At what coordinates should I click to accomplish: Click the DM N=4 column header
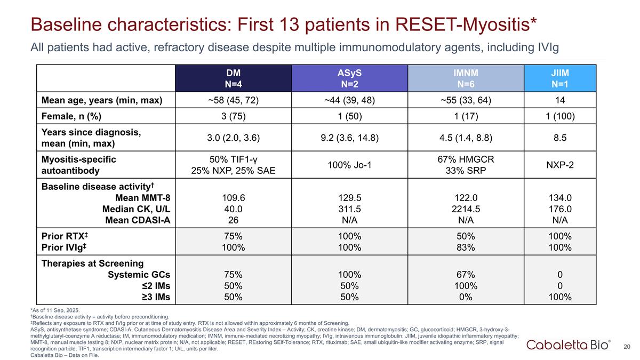click(233, 78)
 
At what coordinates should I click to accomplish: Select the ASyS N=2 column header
click(349, 78)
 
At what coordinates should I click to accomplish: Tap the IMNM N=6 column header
click(466, 78)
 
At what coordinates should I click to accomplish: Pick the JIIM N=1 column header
click(560, 78)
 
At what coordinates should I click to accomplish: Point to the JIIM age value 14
click(560, 100)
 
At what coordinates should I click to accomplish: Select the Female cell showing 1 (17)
click(466, 116)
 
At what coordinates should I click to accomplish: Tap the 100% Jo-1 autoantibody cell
click(349, 165)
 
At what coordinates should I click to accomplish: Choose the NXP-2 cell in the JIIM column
click(560, 165)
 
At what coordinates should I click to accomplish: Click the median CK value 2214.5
click(466, 209)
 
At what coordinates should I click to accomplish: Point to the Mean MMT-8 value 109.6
click(234, 198)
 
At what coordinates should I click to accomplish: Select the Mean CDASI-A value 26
click(233, 220)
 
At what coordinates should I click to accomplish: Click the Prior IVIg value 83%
click(466, 247)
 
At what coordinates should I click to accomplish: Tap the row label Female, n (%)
click(71, 116)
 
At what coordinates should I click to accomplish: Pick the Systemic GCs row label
click(139, 275)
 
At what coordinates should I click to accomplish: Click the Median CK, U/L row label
click(137, 209)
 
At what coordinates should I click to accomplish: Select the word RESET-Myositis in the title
click(466, 25)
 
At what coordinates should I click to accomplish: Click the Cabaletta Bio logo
click(567, 345)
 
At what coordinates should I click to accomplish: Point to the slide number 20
click(627, 347)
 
